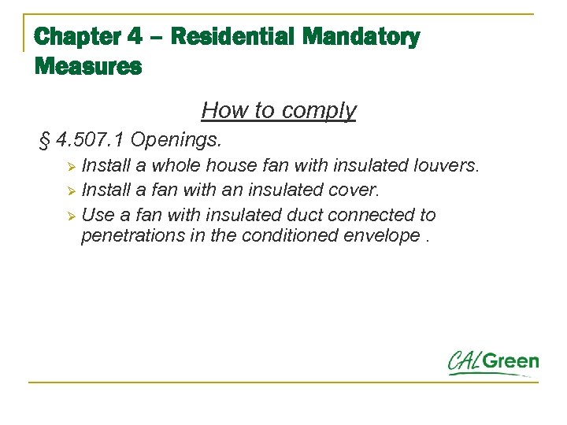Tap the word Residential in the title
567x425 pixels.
tap(232, 37)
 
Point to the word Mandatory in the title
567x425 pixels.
tap(361, 37)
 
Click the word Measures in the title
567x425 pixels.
tap(88, 67)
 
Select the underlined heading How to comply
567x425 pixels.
tap(279, 110)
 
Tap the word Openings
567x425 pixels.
tap(177, 141)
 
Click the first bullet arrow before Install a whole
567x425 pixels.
tap(70, 167)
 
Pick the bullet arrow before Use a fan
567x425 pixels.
tap(70, 216)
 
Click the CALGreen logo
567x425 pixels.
tap(493, 363)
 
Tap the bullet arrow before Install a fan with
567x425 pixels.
tap(70, 191)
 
